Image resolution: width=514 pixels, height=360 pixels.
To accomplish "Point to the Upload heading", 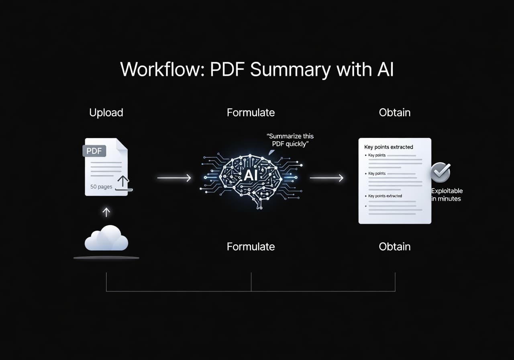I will click(x=106, y=112).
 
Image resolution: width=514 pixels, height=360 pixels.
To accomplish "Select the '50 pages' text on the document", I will click(x=101, y=187).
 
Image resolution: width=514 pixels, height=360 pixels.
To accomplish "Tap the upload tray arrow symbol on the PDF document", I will click(x=124, y=183).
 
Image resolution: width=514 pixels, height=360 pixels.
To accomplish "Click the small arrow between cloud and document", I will click(x=106, y=212).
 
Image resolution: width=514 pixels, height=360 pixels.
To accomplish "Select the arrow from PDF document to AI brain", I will click(x=174, y=177).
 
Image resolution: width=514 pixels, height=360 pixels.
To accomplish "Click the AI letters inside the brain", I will click(x=251, y=176).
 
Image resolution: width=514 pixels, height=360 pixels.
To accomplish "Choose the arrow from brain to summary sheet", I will click(x=326, y=177).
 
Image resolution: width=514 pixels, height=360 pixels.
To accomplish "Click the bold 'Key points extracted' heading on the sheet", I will click(x=388, y=147).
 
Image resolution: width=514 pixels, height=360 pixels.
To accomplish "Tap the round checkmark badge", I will click(x=440, y=173).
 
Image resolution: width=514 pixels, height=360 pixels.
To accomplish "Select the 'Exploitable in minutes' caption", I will click(x=447, y=195).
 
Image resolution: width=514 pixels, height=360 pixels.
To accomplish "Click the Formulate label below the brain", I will click(x=251, y=246).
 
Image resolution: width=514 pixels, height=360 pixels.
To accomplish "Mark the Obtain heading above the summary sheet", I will click(x=395, y=112).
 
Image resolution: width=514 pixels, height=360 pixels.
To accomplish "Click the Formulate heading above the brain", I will click(x=251, y=112).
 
